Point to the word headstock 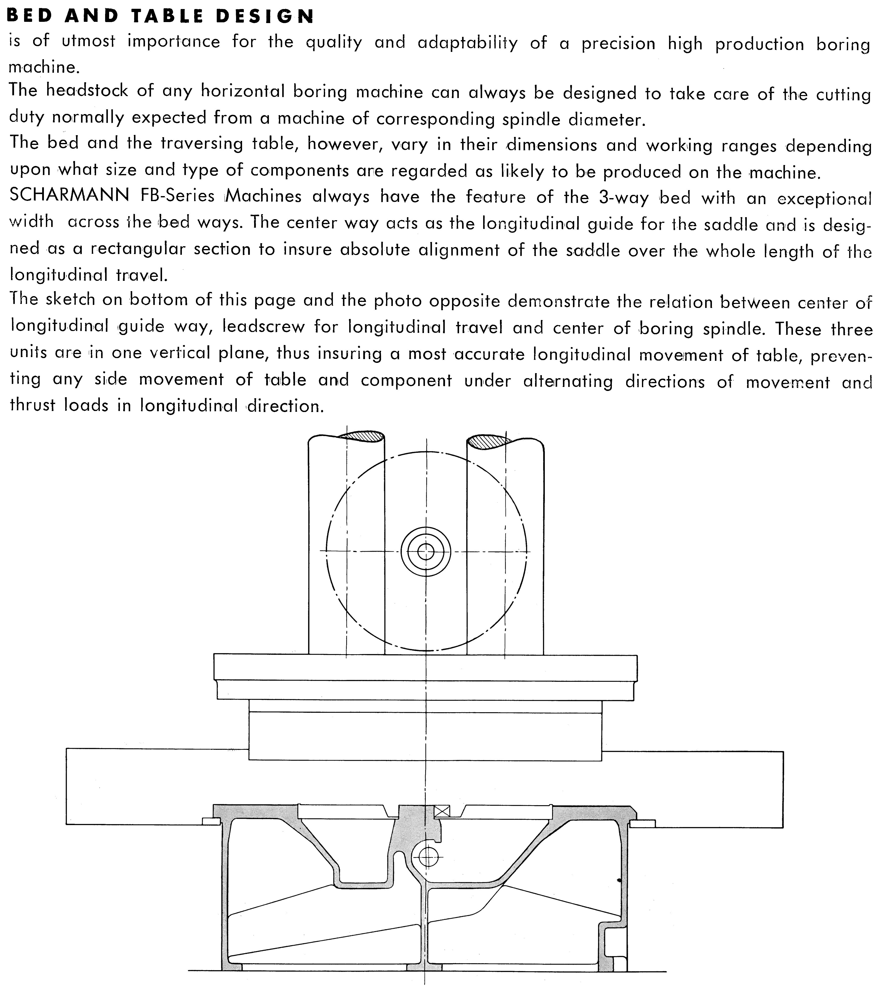pos(88,91)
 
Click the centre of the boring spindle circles pos(425,551)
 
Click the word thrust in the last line pos(32,404)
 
